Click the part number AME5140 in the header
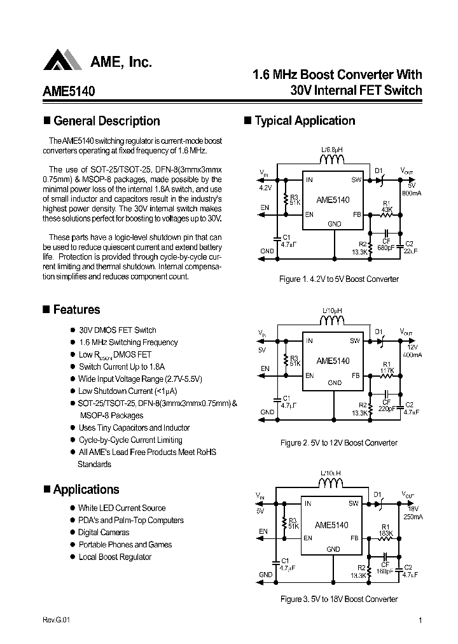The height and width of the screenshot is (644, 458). (x=69, y=91)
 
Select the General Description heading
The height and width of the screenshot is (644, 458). (x=106, y=121)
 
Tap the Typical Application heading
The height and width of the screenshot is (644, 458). (x=305, y=121)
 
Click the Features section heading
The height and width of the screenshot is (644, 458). (x=76, y=310)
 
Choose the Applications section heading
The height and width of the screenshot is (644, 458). (x=86, y=490)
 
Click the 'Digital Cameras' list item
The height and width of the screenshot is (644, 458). (x=104, y=533)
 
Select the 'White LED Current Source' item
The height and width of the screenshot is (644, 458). (x=121, y=508)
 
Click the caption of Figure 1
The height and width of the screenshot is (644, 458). (x=339, y=279)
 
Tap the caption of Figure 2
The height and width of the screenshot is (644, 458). (x=339, y=443)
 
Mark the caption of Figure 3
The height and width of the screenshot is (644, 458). (x=339, y=599)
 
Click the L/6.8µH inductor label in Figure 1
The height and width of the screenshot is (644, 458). (x=331, y=150)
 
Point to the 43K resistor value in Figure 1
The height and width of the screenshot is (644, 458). (x=387, y=209)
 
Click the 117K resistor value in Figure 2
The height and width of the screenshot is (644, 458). (x=387, y=370)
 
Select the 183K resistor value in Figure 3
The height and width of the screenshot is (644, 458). (x=386, y=533)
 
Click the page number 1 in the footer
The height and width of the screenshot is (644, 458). (x=420, y=621)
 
